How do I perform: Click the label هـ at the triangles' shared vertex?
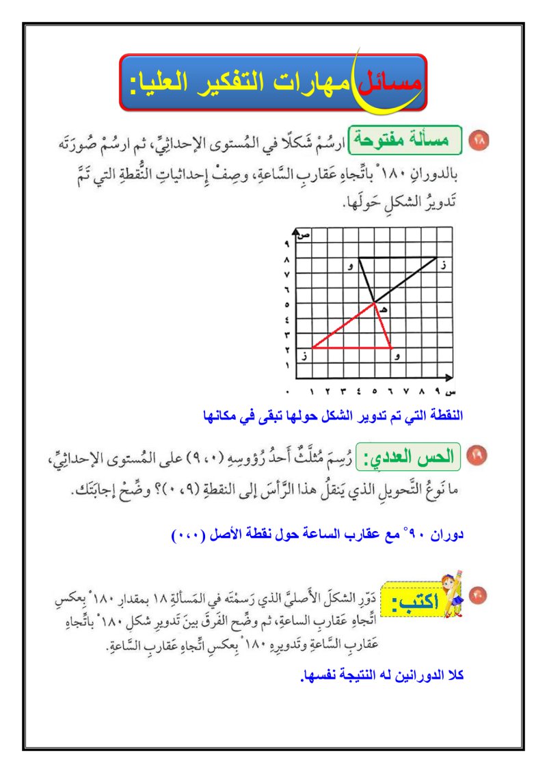[x=384, y=310]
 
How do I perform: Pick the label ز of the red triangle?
[x=304, y=356]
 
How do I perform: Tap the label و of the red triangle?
[x=398, y=356]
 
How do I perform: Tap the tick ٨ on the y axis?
[x=287, y=260]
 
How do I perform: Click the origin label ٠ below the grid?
[x=288, y=392]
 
